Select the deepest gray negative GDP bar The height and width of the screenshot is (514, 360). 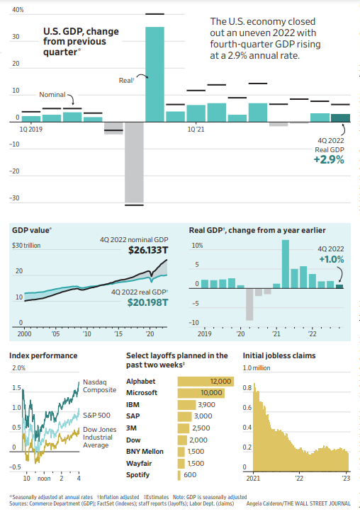pyautogui.click(x=135, y=163)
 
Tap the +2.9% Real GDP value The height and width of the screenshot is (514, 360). pyautogui.click(x=328, y=160)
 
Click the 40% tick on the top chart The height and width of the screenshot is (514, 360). pyautogui.click(x=18, y=11)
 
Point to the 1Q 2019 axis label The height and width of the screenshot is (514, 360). pyautogui.click(x=30, y=130)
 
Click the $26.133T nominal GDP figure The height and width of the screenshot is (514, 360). pyautogui.click(x=147, y=251)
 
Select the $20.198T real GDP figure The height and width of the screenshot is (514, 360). pyautogui.click(x=147, y=302)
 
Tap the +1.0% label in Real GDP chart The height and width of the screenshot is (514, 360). pyautogui.click(x=331, y=260)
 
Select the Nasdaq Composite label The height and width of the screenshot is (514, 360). pyautogui.click(x=99, y=385)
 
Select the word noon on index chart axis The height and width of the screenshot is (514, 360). pyautogui.click(x=44, y=479)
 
